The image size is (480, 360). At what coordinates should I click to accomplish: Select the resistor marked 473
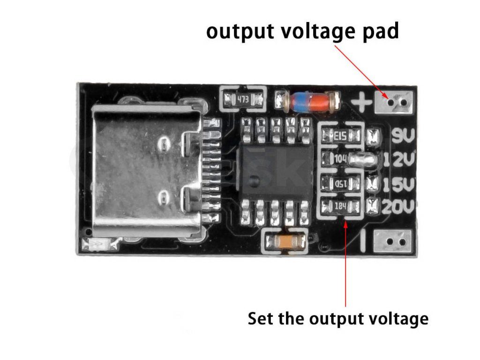click(243, 99)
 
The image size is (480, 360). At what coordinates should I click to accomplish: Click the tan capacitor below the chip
click(285, 242)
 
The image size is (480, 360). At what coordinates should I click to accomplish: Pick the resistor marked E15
click(341, 136)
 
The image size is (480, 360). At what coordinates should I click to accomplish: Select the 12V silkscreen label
click(400, 160)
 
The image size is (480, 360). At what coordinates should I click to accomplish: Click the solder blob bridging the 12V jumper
click(366, 159)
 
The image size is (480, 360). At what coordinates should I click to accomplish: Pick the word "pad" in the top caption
click(379, 32)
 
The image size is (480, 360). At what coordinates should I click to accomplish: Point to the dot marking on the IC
click(253, 180)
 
